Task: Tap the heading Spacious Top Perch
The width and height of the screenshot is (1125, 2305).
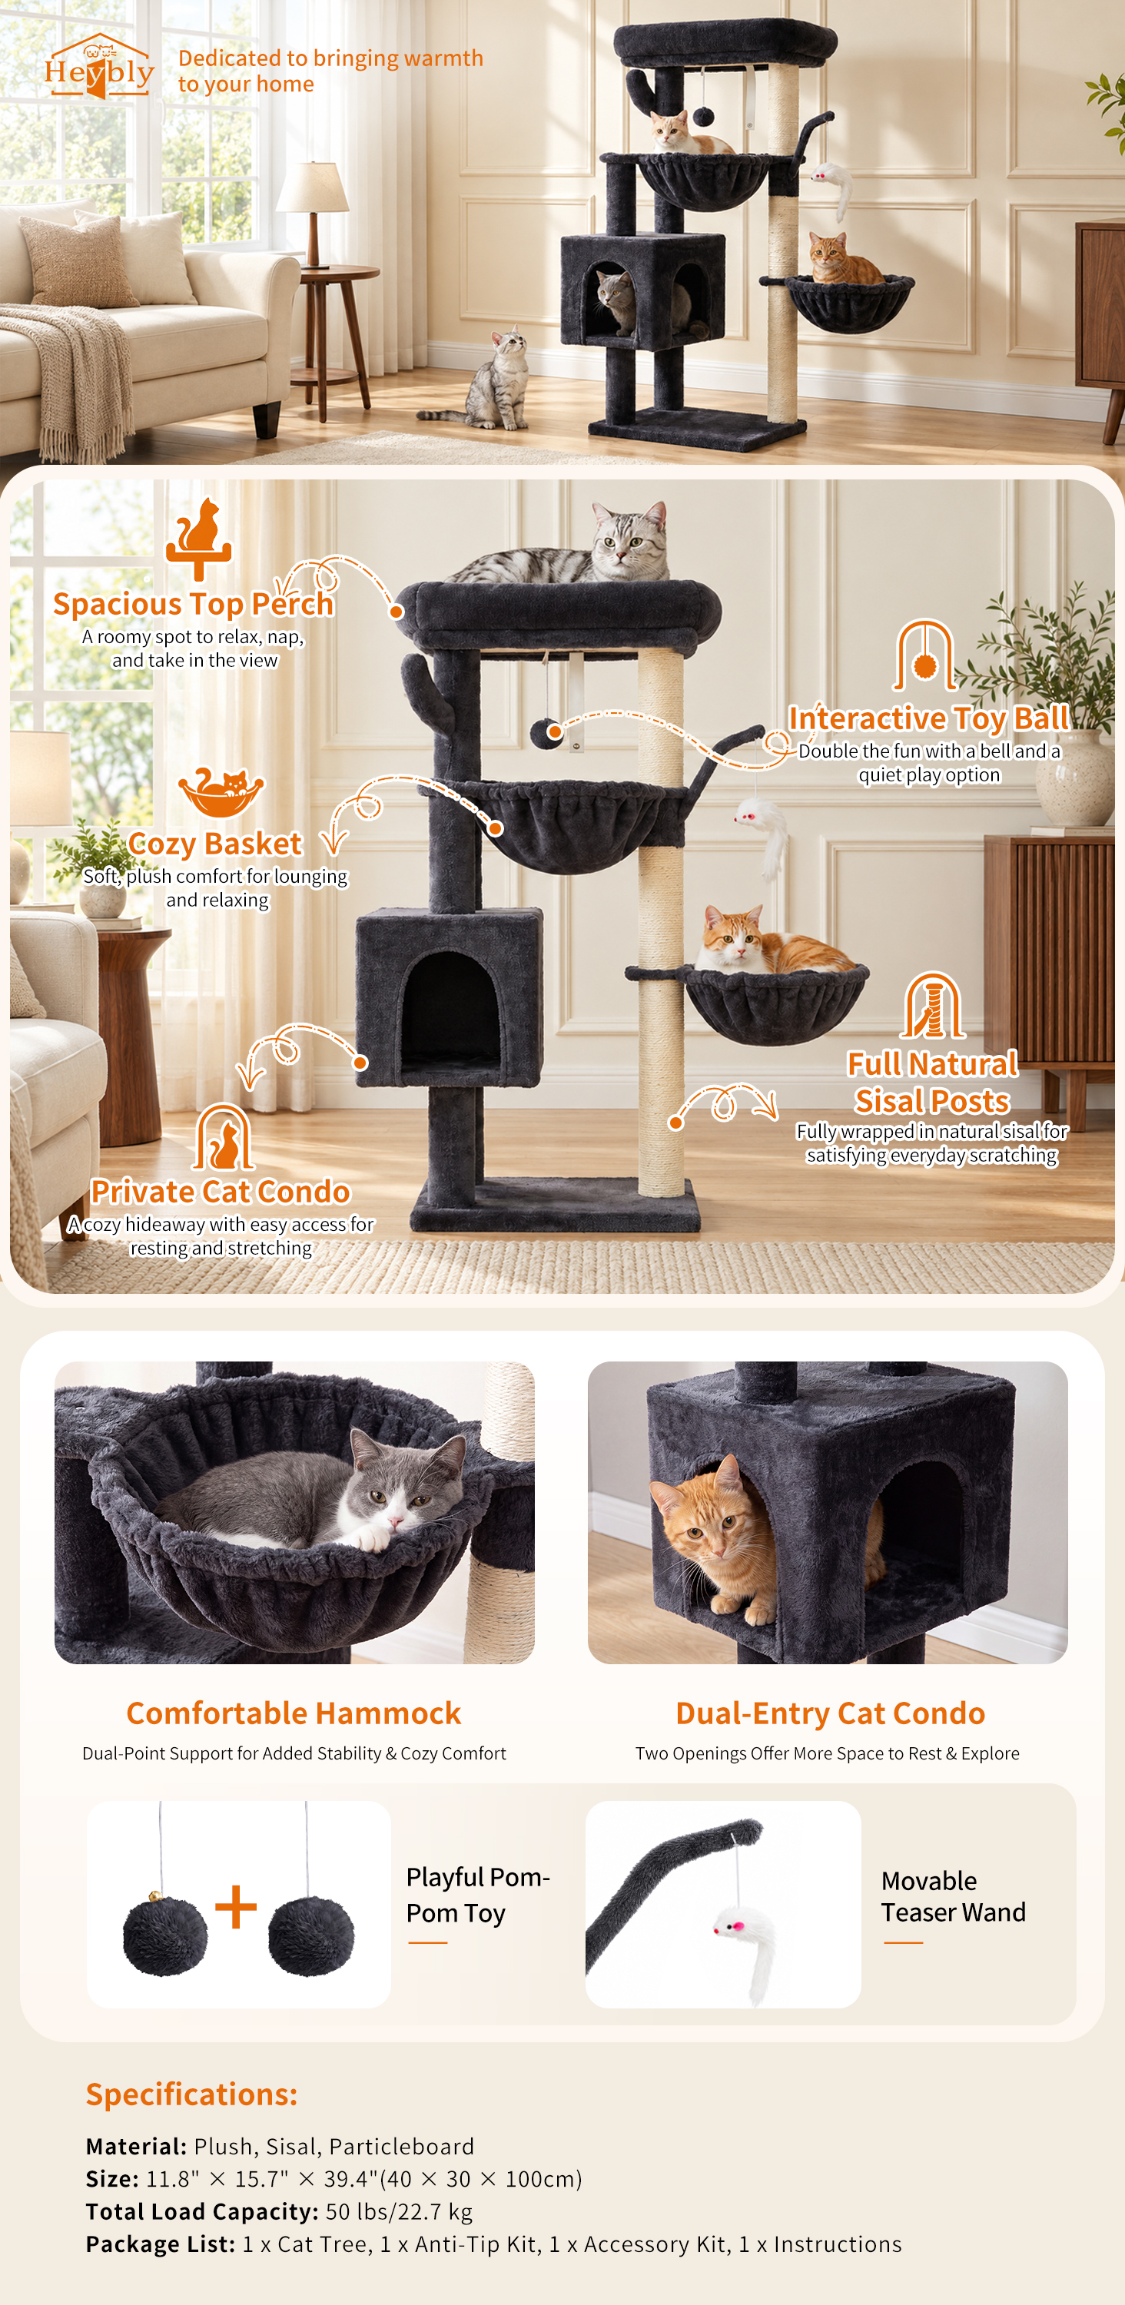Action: tap(194, 604)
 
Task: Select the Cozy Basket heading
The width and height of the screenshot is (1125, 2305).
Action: tap(215, 843)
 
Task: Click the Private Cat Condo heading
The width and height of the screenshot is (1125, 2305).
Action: tap(221, 1191)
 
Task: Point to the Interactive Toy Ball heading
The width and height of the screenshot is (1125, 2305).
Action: tap(928, 718)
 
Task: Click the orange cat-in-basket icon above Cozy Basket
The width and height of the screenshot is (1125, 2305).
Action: tap(221, 792)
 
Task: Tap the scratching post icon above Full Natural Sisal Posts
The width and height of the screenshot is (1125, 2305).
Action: tap(934, 1005)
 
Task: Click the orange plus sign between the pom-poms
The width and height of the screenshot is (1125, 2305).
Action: tap(236, 1906)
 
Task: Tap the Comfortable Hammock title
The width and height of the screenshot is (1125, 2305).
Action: tap(294, 1713)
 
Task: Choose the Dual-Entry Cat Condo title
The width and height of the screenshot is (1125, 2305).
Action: tap(830, 1713)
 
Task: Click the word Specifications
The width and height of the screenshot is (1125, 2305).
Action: tap(191, 2094)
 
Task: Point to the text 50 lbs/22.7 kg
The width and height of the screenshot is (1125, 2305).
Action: tap(399, 2211)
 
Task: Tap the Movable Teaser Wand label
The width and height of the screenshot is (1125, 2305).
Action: tap(953, 1896)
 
